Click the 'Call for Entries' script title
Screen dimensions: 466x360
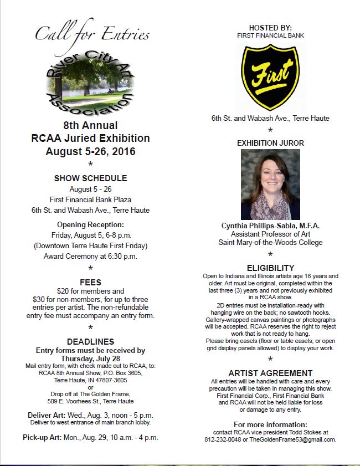92,34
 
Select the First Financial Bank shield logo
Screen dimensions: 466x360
270,77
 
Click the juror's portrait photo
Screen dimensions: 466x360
270,185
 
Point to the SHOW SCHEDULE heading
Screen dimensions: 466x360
90,178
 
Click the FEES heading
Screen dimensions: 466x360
90,281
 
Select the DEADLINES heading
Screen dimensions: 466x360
90,341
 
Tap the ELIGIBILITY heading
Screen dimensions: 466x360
270,268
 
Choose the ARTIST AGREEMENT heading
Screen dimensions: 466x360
270,373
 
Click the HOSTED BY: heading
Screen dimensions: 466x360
270,28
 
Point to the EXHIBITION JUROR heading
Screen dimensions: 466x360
270,143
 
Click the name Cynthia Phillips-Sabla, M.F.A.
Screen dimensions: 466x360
270,226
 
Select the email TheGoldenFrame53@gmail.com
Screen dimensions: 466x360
293,439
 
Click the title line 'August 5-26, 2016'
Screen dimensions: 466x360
90,151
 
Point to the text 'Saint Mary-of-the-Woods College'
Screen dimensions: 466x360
270,242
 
